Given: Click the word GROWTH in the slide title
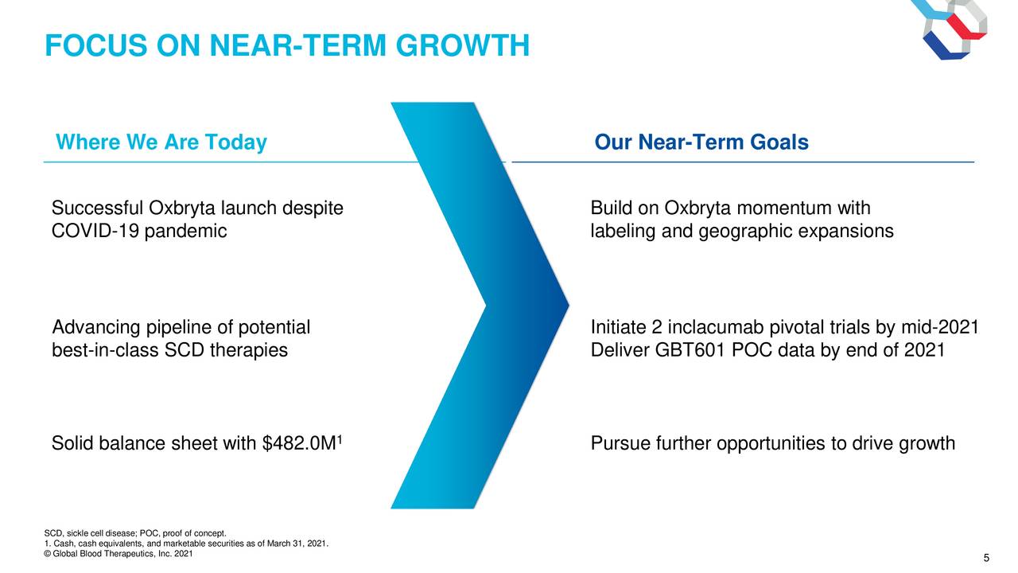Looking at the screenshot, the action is [463, 46].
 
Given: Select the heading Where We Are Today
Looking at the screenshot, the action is [161, 142].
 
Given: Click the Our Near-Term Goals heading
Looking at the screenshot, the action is [701, 142].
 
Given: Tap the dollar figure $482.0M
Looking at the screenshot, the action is [299, 443].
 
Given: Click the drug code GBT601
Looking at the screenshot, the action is [690, 351].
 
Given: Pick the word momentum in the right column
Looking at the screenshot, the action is [784, 209].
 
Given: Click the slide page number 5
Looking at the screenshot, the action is [986, 558].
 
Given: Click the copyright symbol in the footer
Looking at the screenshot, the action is [47, 554].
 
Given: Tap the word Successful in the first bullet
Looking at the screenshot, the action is [97, 209].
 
